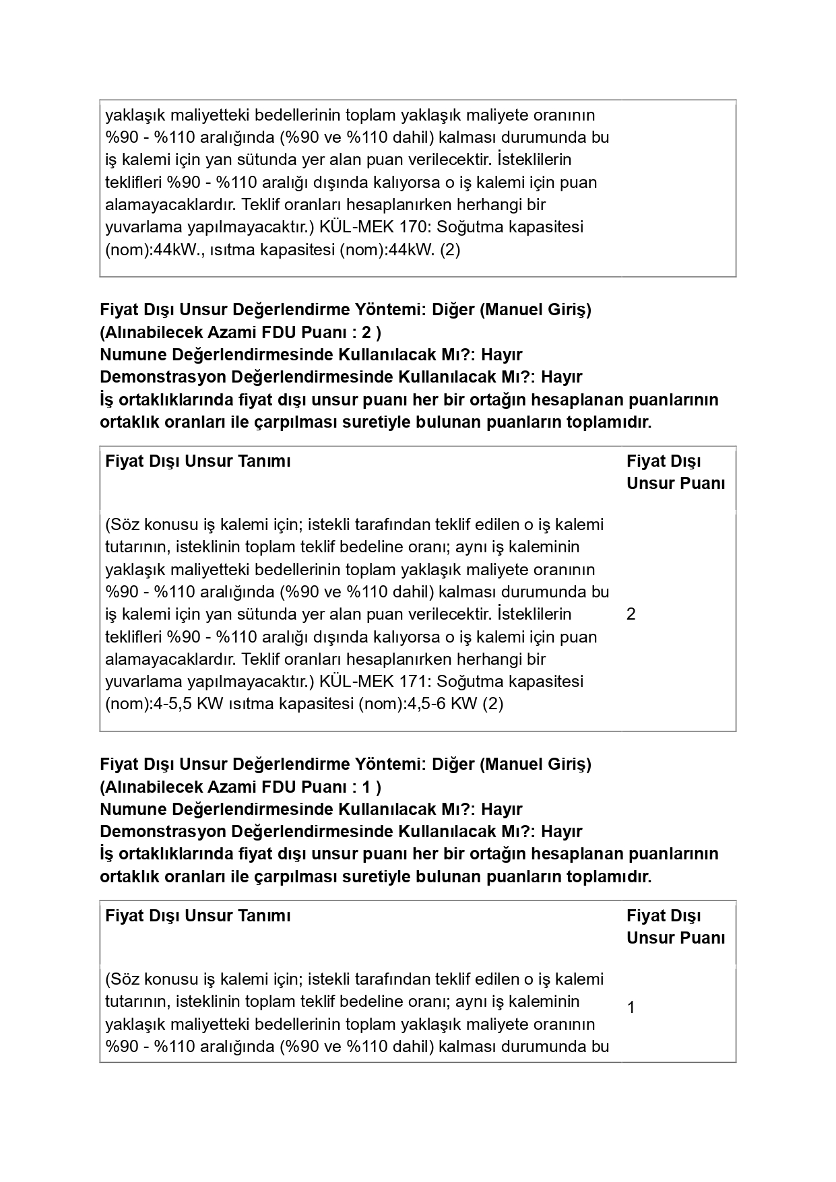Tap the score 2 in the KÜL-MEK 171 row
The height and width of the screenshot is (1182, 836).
[x=631, y=614]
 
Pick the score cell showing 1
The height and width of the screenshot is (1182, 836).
[x=631, y=1008]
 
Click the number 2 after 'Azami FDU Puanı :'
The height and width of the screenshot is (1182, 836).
[x=366, y=333]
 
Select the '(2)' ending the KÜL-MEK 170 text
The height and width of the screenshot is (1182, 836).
[x=449, y=250]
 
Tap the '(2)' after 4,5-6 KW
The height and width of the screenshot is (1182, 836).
[x=492, y=704]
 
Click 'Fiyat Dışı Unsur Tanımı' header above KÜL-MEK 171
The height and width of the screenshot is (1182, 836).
[x=198, y=461]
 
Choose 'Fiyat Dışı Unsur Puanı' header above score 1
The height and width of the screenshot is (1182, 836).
[x=675, y=927]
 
